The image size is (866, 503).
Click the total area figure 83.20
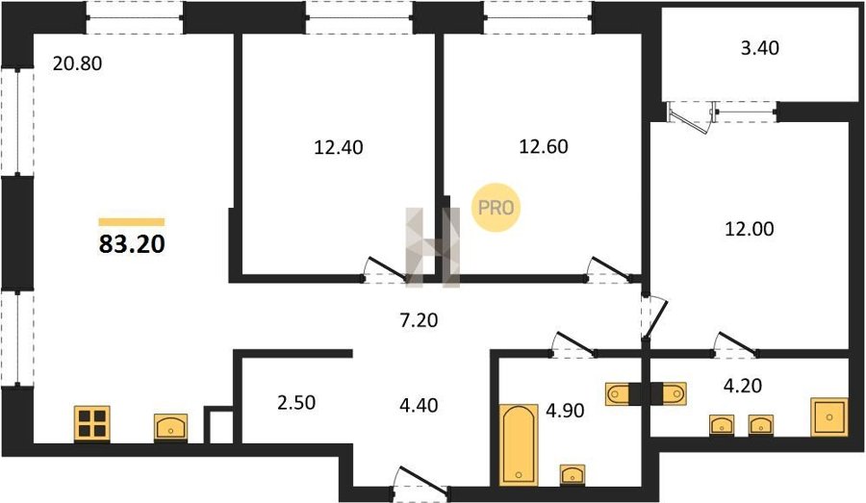132,244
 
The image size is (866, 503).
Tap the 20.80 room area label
77,63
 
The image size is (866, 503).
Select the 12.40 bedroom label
339,147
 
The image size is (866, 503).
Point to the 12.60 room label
544,146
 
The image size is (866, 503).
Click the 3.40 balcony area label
760,48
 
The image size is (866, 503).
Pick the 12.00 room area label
749,229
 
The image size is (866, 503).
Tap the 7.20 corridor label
419,319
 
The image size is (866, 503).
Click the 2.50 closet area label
296,403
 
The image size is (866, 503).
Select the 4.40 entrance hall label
419,405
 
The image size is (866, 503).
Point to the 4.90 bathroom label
565,411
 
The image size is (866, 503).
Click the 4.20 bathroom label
743,385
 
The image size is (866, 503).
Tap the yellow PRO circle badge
496,208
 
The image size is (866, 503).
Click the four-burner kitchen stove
91,424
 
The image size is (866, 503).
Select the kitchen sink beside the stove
170,427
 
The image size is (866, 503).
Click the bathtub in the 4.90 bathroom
519,445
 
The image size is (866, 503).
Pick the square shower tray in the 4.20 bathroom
829,416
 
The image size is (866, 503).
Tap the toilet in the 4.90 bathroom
619,393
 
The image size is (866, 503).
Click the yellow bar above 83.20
132,222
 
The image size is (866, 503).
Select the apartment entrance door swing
420,479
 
